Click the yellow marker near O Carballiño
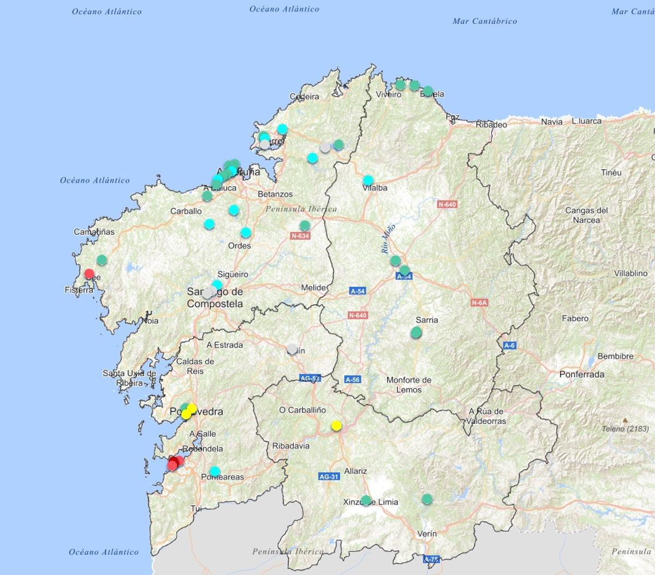(336, 425)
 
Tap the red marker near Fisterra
(89, 274)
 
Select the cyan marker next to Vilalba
(368, 180)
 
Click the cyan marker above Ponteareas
(215, 471)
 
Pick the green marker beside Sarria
(416, 332)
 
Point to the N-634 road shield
(300, 236)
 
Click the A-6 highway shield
(509, 345)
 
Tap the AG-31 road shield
(329, 477)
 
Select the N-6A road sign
(479, 303)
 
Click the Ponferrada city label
(582, 375)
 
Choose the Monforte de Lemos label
(409, 385)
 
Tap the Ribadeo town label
(491, 125)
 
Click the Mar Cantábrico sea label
(485, 21)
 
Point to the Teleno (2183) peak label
(626, 429)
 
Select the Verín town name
(426, 533)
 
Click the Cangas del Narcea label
(586, 215)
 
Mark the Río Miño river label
(388, 239)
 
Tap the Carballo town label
(186, 211)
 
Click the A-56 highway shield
(353, 380)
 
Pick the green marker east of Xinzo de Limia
(427, 499)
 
